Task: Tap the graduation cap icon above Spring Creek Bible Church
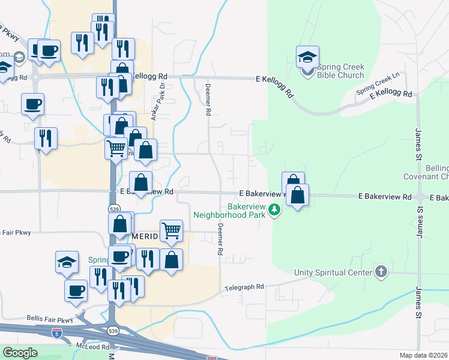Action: coord(307,58)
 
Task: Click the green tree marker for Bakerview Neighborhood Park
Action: coord(274,209)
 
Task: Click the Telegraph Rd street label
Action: coord(244,287)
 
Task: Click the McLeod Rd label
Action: coord(92,347)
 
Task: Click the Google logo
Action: coord(20,352)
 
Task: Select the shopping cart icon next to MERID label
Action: coord(171,230)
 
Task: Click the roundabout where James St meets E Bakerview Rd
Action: coord(420,197)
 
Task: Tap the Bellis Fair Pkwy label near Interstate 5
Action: coord(49,319)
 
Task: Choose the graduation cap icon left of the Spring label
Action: coord(67,262)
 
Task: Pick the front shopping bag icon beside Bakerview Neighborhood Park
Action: coord(298,195)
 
